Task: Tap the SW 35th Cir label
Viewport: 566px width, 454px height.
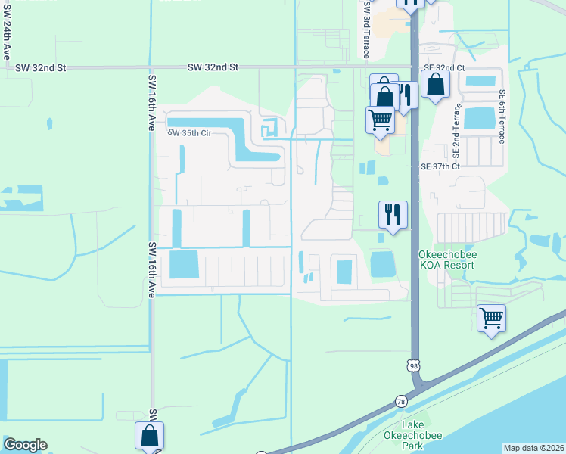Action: (x=188, y=133)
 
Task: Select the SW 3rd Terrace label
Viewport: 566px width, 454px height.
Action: (x=366, y=29)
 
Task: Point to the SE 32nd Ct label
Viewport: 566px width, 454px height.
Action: (x=444, y=67)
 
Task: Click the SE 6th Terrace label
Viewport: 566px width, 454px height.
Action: (x=502, y=117)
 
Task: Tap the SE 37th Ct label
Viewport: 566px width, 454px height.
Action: (x=440, y=166)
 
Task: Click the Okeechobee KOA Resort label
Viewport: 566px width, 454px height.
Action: (x=446, y=260)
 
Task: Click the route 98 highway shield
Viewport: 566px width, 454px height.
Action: (x=413, y=365)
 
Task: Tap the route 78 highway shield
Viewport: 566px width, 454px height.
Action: (x=399, y=400)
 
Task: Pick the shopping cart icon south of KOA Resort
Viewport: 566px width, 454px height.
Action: (x=492, y=318)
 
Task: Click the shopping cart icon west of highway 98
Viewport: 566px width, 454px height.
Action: (x=380, y=120)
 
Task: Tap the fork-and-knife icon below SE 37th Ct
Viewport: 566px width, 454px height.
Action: (x=393, y=214)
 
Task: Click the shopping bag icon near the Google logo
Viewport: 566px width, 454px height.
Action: (x=149, y=436)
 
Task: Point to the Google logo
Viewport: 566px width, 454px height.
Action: (x=25, y=445)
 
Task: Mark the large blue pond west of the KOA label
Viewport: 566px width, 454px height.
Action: (x=382, y=264)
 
